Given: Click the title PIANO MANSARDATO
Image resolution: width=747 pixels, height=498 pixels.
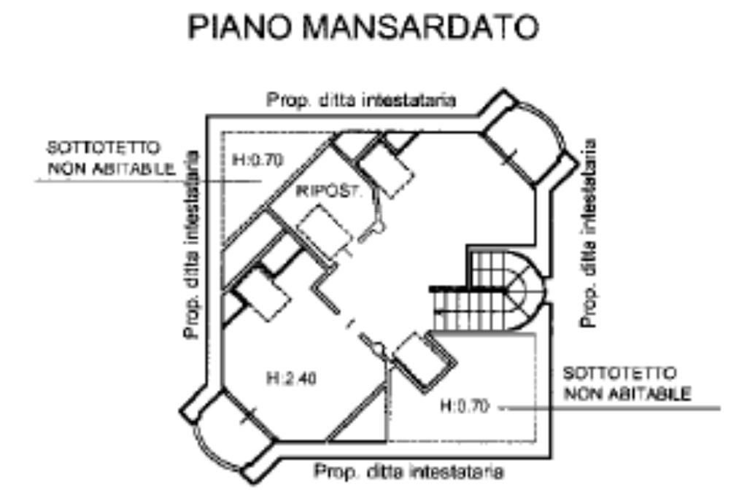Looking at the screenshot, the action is tap(363, 30).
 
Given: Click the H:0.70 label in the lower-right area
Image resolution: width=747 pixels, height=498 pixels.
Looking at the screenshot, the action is tap(463, 406).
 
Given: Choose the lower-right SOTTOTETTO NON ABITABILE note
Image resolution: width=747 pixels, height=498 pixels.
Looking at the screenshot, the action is tap(627, 384).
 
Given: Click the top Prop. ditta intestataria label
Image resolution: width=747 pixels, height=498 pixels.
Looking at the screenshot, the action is tap(361, 101).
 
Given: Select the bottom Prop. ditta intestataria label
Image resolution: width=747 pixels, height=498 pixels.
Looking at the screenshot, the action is tap(409, 472).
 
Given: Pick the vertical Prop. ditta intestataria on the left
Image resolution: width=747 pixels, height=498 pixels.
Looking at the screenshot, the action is tap(192, 244).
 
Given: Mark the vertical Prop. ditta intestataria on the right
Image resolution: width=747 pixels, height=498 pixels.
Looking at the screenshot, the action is tap(592, 233).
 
